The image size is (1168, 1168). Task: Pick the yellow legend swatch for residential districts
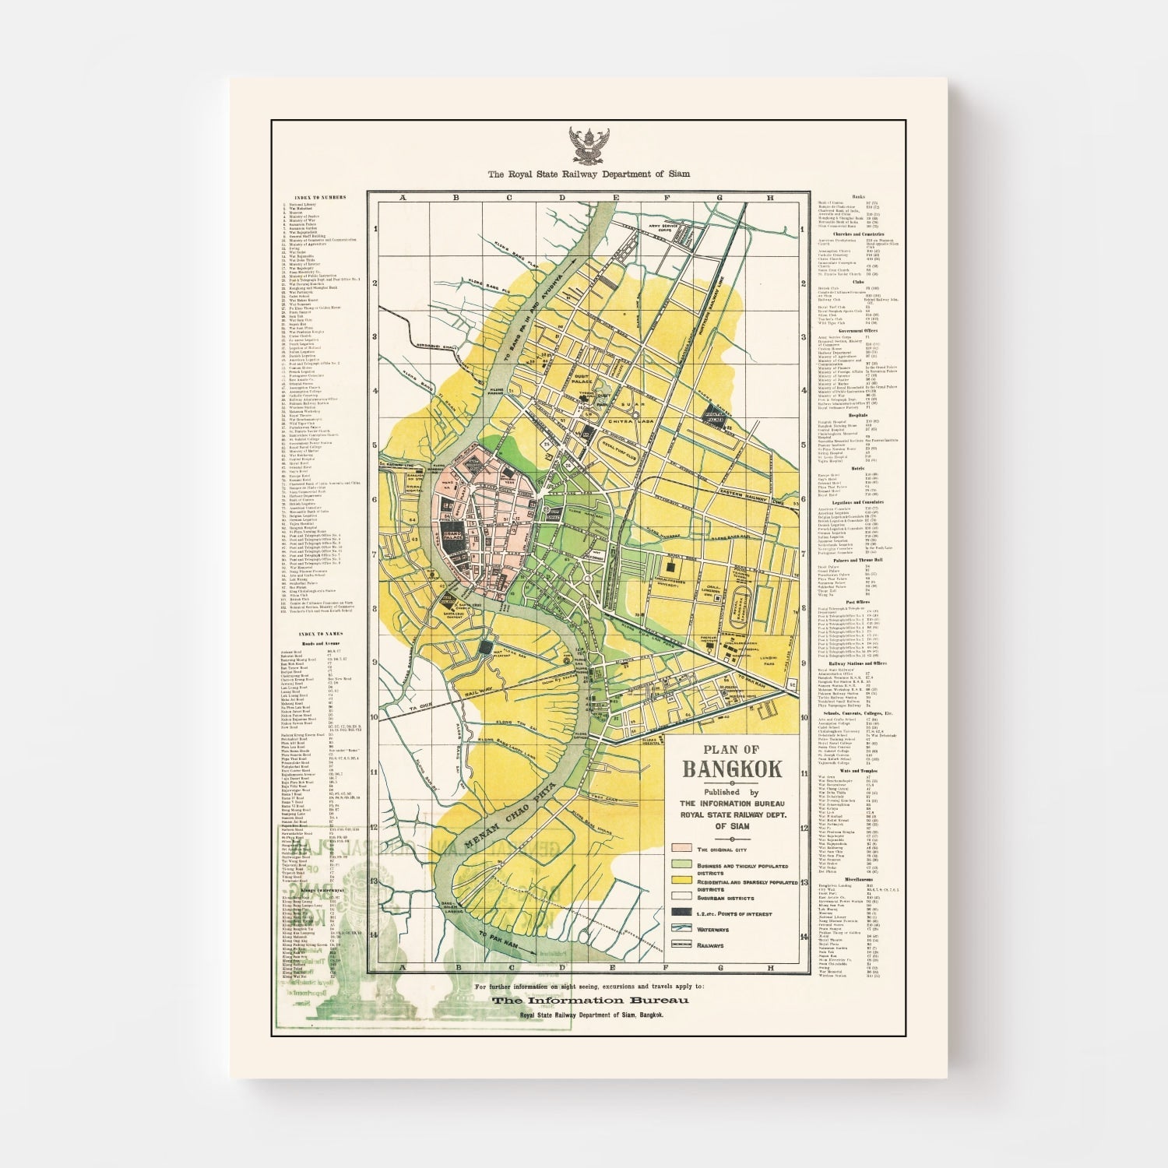682,880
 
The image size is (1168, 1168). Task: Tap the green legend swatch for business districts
682,864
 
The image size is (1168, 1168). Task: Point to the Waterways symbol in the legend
682,927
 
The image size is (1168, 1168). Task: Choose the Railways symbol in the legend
682,945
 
